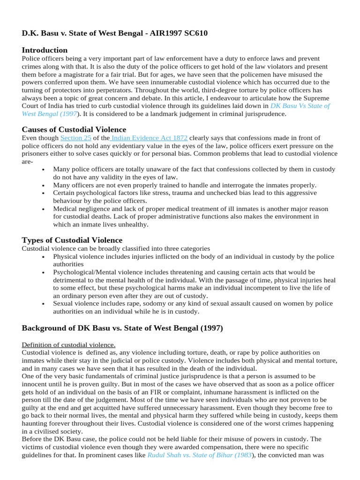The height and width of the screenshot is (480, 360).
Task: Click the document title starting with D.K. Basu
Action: coord(115,33)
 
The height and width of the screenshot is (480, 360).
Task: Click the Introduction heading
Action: coord(45,50)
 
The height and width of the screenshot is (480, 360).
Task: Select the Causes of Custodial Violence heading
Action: coord(74,129)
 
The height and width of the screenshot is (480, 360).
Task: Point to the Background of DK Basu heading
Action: coord(122,328)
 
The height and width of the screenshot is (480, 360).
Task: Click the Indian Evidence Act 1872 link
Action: coord(149,138)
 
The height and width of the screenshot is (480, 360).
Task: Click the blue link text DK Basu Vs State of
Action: coord(300,106)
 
